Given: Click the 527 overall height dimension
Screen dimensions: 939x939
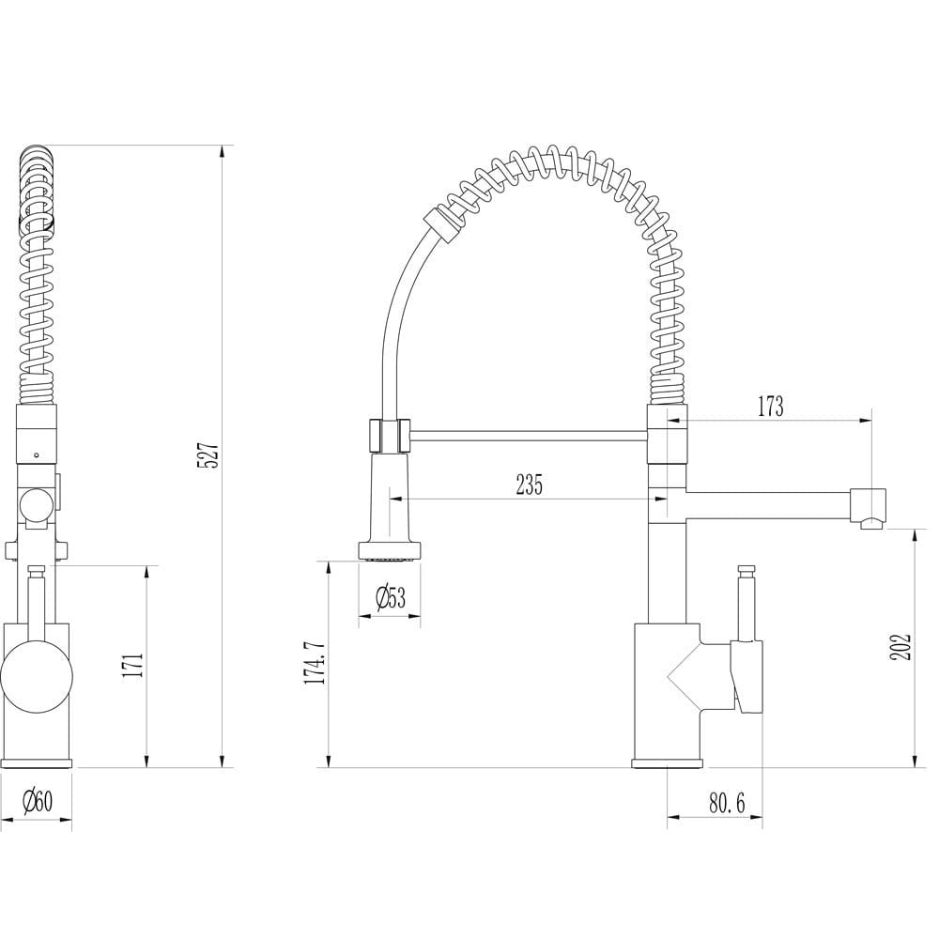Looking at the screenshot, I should [x=211, y=455].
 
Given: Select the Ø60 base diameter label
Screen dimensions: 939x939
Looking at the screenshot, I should [x=38, y=801].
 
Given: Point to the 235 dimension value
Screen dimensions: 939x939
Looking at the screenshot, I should [x=529, y=485].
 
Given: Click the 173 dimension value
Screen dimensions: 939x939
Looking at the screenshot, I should [x=769, y=407].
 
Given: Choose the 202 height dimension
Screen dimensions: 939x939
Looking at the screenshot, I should [x=901, y=646].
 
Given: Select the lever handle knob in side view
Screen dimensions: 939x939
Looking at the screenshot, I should [x=748, y=569].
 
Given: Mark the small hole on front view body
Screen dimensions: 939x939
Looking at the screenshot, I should [x=37, y=455].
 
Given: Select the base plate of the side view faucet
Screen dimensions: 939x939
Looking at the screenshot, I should [x=666, y=762].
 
